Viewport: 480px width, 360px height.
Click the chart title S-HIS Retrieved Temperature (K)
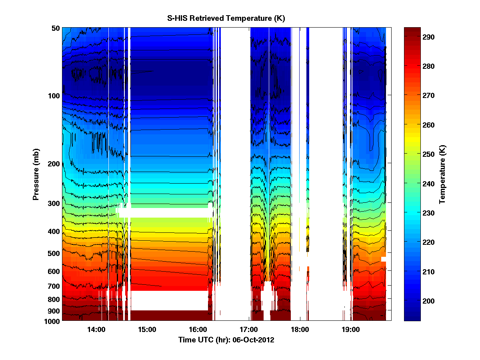tap(226, 18)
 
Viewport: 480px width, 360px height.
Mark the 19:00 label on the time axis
tap(350, 330)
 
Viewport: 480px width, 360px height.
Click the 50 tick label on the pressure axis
tap(55, 28)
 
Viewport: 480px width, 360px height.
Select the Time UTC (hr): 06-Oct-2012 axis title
tap(226, 340)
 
